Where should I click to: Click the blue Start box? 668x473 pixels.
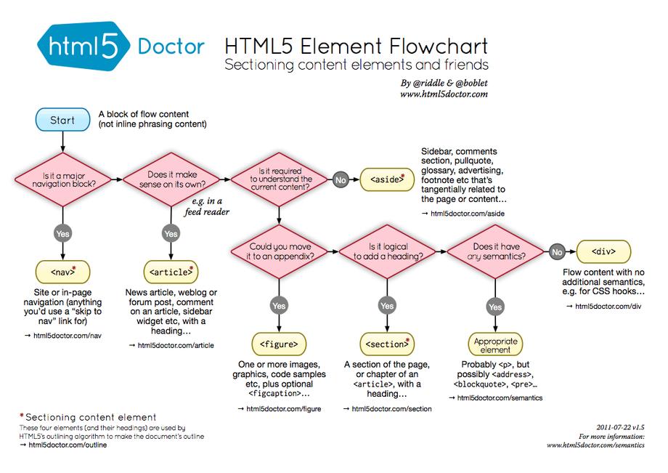tap(62, 119)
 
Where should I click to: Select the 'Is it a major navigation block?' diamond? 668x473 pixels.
tap(63, 179)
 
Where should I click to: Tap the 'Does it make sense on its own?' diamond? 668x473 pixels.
tap(171, 179)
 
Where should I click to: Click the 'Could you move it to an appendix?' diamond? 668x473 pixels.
tap(280, 252)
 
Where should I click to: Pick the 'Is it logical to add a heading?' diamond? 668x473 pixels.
tap(388, 252)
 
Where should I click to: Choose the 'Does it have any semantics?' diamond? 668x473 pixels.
tap(495, 252)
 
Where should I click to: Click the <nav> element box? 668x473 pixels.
tap(62, 272)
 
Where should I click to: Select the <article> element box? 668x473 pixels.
tap(171, 272)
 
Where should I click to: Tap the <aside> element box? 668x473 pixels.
tap(387, 179)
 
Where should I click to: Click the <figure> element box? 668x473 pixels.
tap(279, 344)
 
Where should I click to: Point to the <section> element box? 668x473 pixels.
tap(387, 344)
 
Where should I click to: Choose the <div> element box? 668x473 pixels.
tap(603, 251)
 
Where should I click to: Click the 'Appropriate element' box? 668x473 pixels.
tap(495, 344)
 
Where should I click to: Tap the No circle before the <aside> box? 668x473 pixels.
tap(341, 179)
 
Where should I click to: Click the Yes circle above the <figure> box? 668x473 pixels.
tap(279, 306)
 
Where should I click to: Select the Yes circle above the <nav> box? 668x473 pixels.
tap(62, 233)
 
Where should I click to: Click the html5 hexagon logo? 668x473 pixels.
tap(83, 46)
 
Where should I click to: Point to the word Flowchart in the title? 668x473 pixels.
tap(438, 46)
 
